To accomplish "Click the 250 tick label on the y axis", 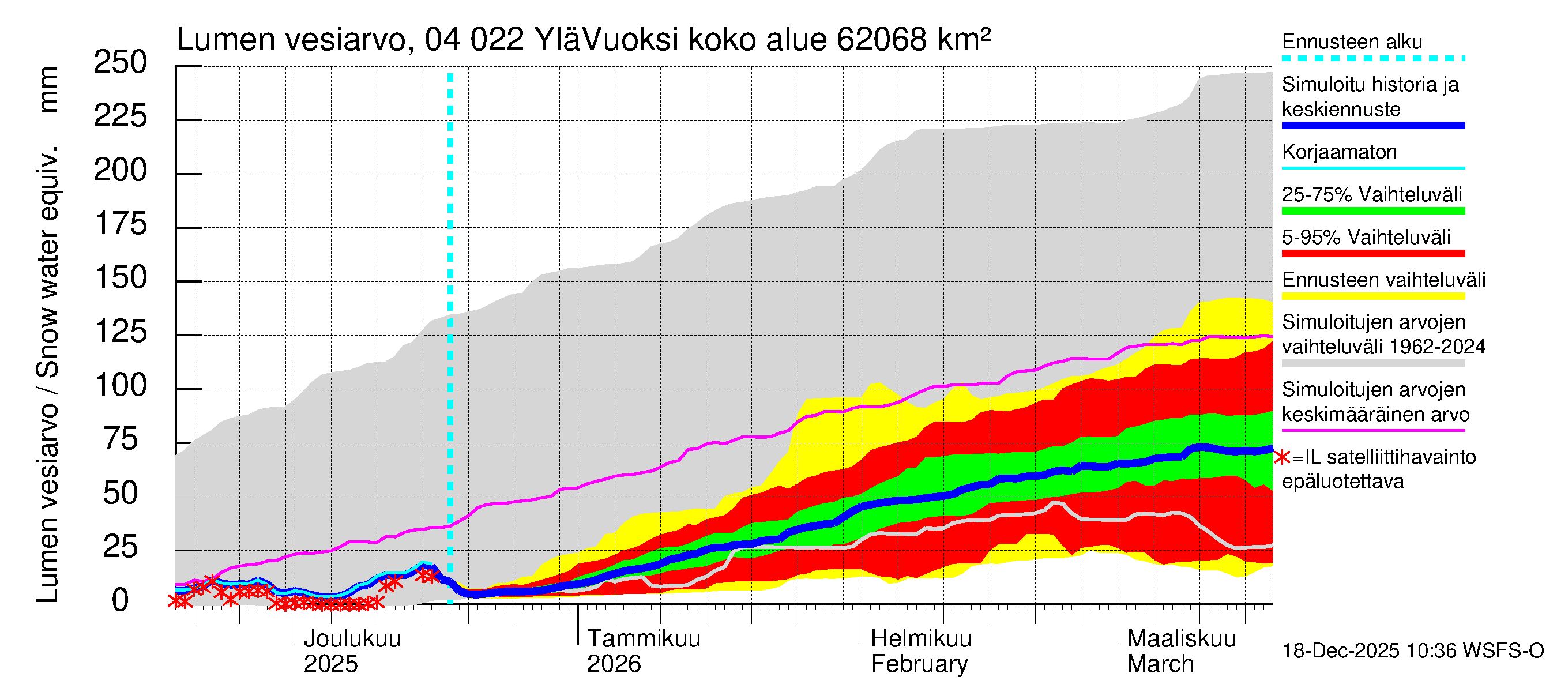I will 121,63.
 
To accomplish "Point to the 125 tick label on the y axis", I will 121,332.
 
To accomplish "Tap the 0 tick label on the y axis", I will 121,600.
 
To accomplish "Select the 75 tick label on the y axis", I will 121,439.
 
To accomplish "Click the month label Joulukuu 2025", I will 352,651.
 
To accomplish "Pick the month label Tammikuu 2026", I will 643,651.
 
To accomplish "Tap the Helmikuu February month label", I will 920,651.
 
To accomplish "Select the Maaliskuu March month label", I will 1181,651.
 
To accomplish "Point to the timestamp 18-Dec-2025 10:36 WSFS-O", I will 1412,651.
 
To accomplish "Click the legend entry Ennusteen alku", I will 1352,42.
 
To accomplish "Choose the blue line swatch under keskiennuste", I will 1372,126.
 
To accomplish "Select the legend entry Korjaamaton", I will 1339,152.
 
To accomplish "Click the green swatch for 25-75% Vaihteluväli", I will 1372,211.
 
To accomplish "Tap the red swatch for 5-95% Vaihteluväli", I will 1372,253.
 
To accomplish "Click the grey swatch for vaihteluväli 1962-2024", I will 1372,363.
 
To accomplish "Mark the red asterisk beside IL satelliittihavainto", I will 1281,457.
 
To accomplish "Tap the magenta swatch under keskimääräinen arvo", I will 1372,431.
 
